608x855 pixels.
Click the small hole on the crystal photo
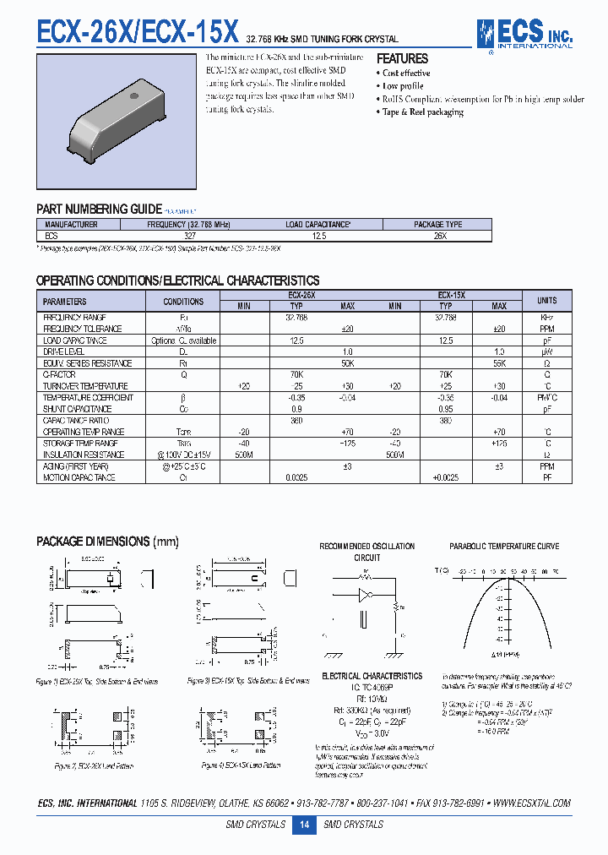(x=133, y=97)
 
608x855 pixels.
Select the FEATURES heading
(x=402, y=59)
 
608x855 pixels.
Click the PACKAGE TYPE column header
(x=437, y=225)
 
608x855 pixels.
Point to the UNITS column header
(x=546, y=300)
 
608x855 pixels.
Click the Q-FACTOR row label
(x=59, y=374)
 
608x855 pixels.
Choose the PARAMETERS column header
(x=65, y=301)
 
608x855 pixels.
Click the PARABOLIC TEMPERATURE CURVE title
(x=504, y=547)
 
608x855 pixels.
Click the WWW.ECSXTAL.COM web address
(x=531, y=803)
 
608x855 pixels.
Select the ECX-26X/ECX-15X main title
(x=138, y=32)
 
